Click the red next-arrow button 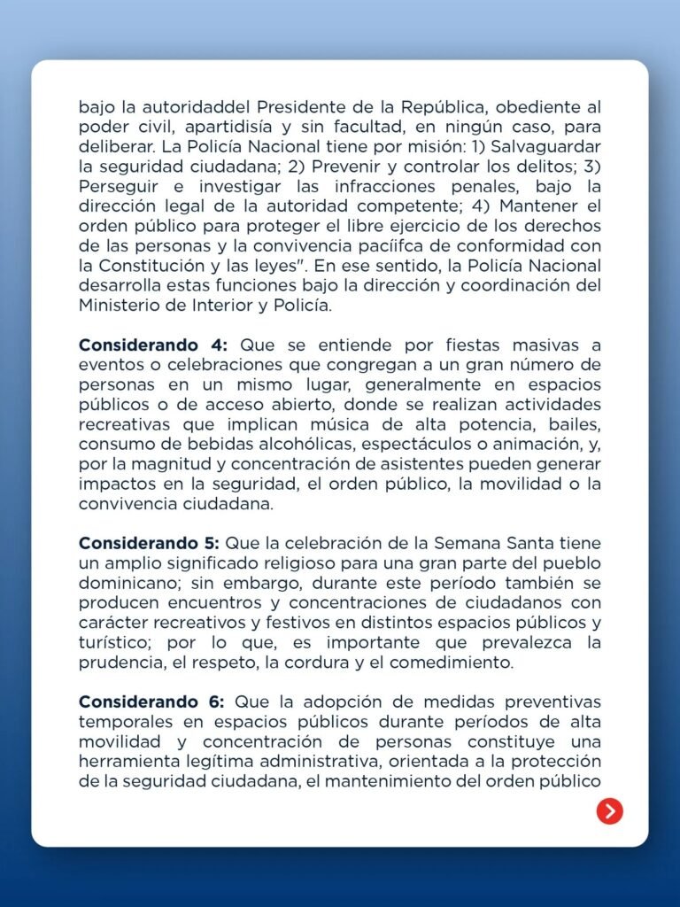tap(609, 810)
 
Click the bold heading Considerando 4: tap(153, 345)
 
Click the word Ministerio tap(120, 306)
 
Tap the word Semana tap(477, 542)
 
